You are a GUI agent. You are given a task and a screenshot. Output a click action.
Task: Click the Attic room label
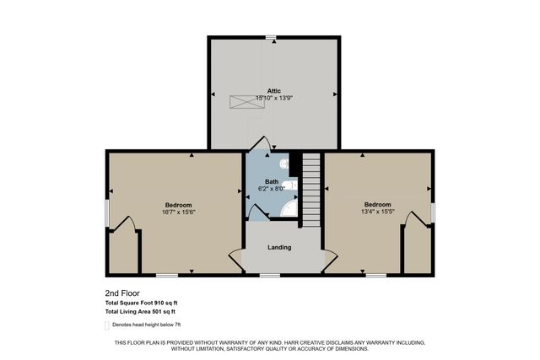point(273,90)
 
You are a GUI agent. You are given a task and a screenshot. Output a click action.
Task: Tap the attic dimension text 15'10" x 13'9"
point(273,98)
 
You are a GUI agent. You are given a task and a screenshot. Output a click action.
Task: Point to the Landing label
point(279,247)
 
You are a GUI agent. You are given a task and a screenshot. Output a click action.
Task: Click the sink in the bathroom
point(289,185)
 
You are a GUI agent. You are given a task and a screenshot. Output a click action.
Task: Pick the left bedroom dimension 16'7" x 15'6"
point(179,212)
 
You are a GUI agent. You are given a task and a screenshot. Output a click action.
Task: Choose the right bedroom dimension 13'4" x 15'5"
point(377,212)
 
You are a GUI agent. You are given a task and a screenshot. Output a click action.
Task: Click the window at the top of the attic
point(272,36)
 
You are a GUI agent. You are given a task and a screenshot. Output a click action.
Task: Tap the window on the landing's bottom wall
point(269,275)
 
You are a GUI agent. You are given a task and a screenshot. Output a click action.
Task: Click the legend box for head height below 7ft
point(107,325)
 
